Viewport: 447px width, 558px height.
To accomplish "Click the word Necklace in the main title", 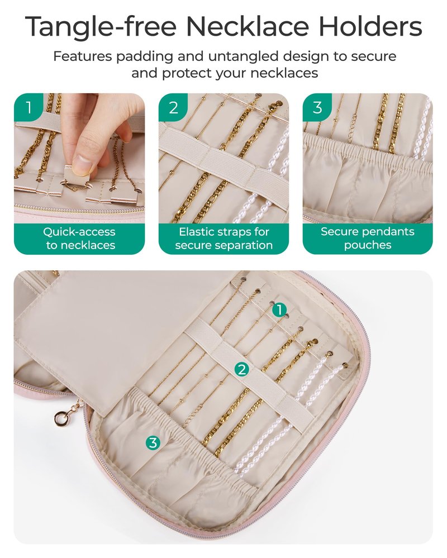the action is click(248, 26).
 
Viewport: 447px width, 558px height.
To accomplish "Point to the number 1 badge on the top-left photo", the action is click(28, 107).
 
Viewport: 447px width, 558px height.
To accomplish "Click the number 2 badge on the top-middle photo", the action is click(173, 107).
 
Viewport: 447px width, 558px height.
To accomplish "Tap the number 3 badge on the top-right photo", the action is click(317, 107).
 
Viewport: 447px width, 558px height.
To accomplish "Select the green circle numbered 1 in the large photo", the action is click(280, 309).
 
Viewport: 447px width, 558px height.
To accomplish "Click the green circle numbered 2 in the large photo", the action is click(242, 369).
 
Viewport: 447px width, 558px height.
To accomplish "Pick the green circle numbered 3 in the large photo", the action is click(153, 443).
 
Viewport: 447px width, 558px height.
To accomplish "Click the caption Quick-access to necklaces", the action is click(79, 239).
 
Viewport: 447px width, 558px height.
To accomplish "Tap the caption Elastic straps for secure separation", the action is click(224, 239).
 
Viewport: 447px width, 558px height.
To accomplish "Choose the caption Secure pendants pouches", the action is click(368, 238).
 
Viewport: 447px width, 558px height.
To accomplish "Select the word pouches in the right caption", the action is click(368, 245).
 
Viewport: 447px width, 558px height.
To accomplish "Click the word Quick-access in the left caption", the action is click(79, 232).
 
